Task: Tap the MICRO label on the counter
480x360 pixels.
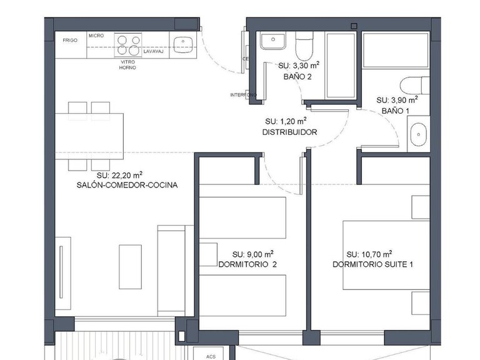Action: [96, 36]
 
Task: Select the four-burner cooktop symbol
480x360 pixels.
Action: [129, 46]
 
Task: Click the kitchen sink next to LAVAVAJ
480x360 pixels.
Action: [182, 44]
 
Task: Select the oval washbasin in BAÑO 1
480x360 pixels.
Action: [417, 134]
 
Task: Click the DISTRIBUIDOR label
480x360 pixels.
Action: [289, 132]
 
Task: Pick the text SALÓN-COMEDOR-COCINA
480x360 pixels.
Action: [127, 185]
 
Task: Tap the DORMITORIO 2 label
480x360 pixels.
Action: [247, 264]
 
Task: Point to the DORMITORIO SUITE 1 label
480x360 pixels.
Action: [372, 264]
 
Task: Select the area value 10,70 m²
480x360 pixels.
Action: [369, 254]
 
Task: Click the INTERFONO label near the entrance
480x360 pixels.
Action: [242, 95]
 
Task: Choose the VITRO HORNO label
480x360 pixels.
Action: [127, 65]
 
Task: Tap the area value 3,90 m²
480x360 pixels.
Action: [396, 100]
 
